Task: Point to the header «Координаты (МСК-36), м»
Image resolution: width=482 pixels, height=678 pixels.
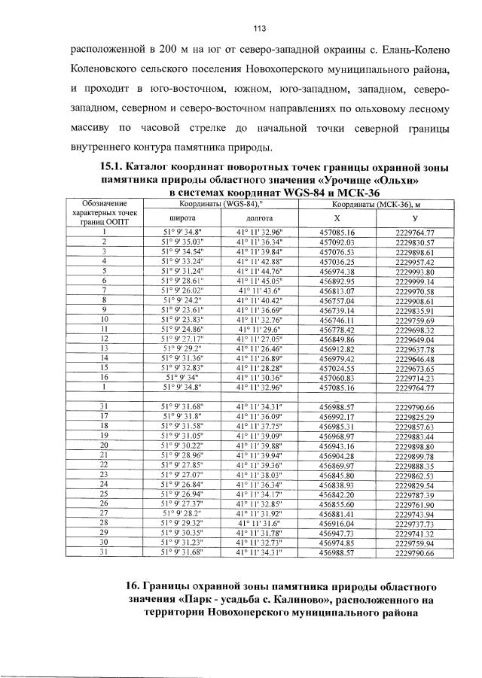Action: coord(377,204)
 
